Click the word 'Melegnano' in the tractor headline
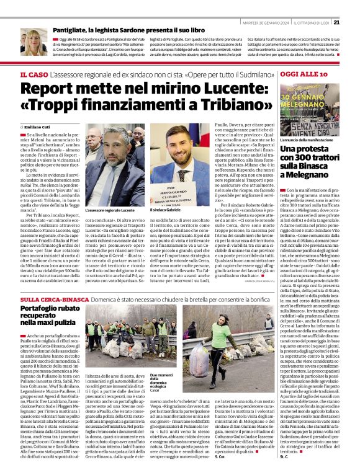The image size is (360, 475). pyautogui.click(x=310, y=175)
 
